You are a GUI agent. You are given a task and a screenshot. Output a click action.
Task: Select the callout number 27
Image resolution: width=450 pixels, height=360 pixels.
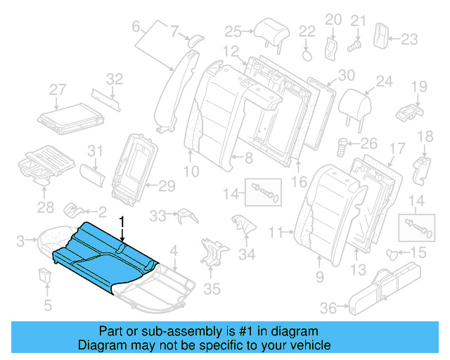click(x=58, y=89)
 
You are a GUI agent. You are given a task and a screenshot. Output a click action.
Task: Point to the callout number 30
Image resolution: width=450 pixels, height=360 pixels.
click(x=347, y=75)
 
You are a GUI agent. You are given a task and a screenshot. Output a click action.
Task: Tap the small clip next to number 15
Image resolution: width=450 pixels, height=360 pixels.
click(x=394, y=252)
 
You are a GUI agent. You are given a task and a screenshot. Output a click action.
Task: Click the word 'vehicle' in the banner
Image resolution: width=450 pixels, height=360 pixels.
click(x=310, y=345)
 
